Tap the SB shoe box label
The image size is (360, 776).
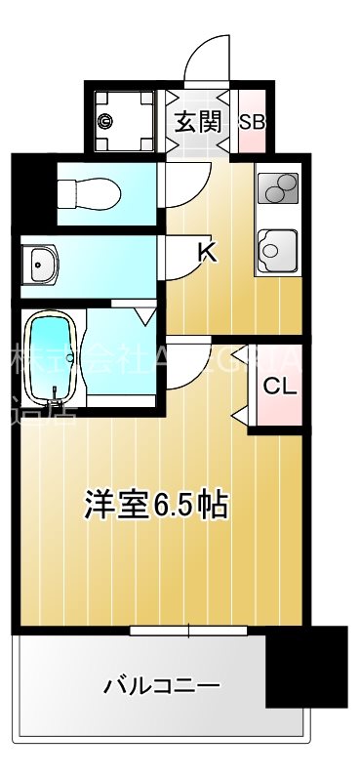click(x=251, y=122)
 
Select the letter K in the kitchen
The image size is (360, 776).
click(x=207, y=253)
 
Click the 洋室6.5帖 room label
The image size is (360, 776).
click(x=156, y=505)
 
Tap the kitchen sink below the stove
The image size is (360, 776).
click(x=277, y=249)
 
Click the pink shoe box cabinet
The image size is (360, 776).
click(x=251, y=129)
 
